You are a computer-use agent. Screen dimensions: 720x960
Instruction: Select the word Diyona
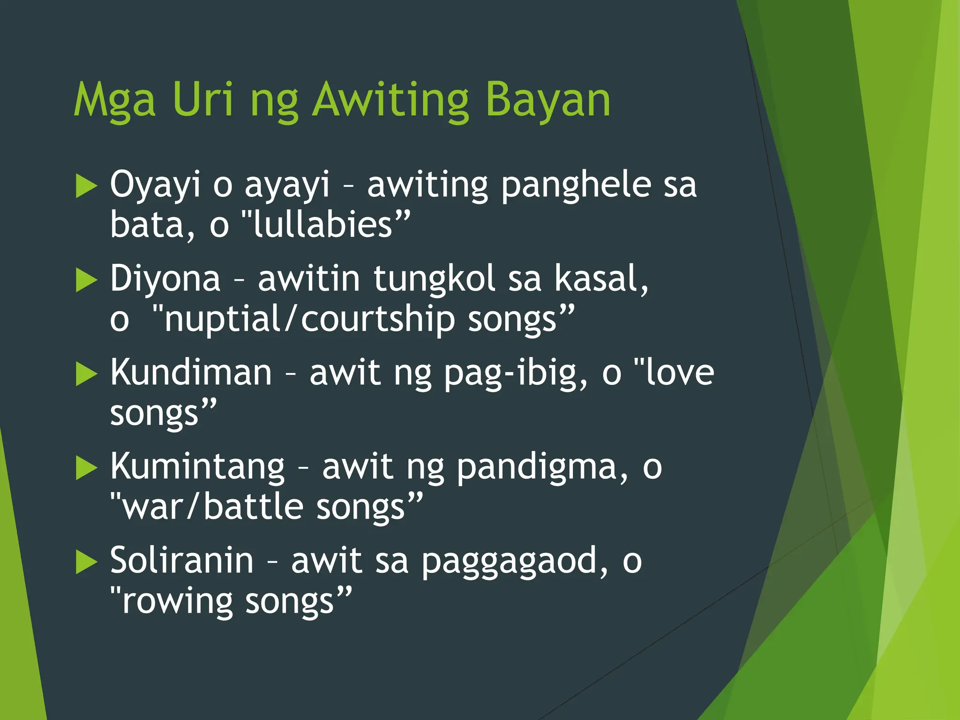click(x=165, y=278)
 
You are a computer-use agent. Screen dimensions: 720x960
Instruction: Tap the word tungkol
click(x=435, y=278)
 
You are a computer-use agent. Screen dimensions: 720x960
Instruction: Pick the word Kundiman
click(x=191, y=373)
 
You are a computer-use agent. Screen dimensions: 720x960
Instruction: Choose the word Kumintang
click(x=197, y=467)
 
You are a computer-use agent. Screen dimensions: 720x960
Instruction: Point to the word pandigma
click(x=535, y=467)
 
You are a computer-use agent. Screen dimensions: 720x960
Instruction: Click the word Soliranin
click(x=182, y=561)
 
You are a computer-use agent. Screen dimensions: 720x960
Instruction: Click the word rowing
click(x=177, y=602)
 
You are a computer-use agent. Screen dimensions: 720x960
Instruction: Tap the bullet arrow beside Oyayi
click(x=86, y=186)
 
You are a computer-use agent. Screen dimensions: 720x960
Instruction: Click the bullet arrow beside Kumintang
click(x=86, y=468)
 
